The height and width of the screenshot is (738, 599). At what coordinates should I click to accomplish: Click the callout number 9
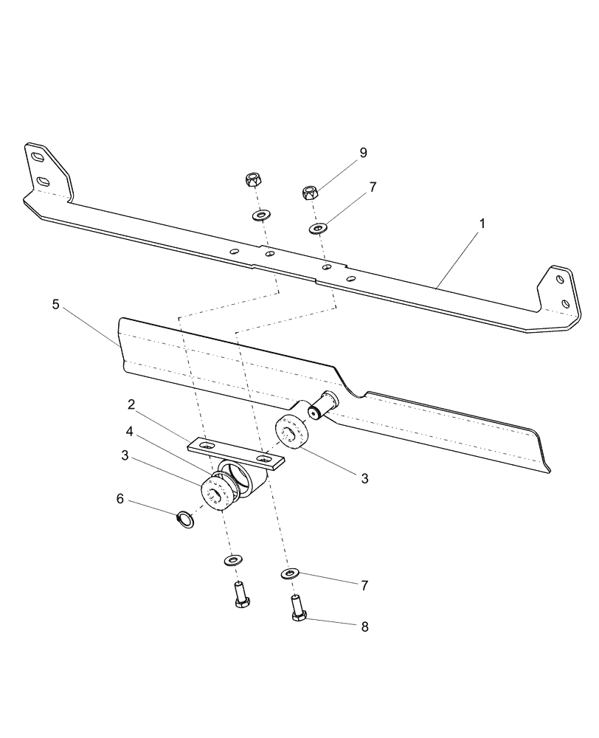point(363,153)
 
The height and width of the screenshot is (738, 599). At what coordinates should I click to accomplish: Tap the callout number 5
point(56,305)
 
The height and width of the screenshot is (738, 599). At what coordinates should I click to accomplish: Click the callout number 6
point(120,500)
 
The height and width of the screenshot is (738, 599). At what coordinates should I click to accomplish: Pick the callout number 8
point(363,627)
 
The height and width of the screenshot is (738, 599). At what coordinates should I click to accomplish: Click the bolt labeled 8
point(297,608)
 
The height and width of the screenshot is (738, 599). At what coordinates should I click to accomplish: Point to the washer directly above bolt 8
point(291,573)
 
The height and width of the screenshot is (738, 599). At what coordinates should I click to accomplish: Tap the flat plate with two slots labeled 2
point(236,453)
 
